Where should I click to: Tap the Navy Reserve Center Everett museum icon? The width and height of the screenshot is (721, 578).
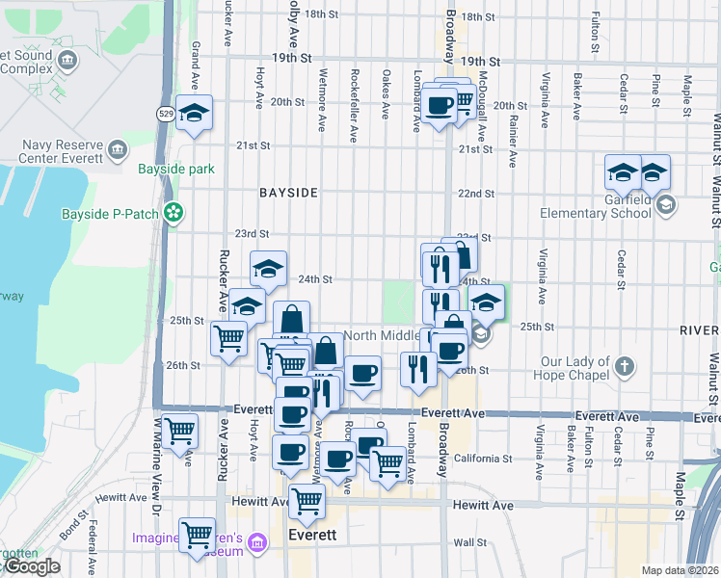point(119,151)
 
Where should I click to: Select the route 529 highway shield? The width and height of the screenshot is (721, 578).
point(167,114)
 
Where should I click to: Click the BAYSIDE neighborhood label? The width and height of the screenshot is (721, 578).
point(288,193)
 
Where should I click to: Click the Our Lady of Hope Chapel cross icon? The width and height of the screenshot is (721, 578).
point(626,366)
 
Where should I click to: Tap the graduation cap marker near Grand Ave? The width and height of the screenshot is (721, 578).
point(195,113)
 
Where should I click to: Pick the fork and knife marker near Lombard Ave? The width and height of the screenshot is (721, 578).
point(418,369)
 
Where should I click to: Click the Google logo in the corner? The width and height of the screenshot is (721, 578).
point(32,567)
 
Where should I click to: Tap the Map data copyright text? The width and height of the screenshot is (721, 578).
point(680,570)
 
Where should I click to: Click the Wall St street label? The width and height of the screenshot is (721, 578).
point(470,542)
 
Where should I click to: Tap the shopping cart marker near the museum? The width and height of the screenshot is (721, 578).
point(198,534)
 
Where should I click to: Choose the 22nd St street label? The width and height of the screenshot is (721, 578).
point(475,194)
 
